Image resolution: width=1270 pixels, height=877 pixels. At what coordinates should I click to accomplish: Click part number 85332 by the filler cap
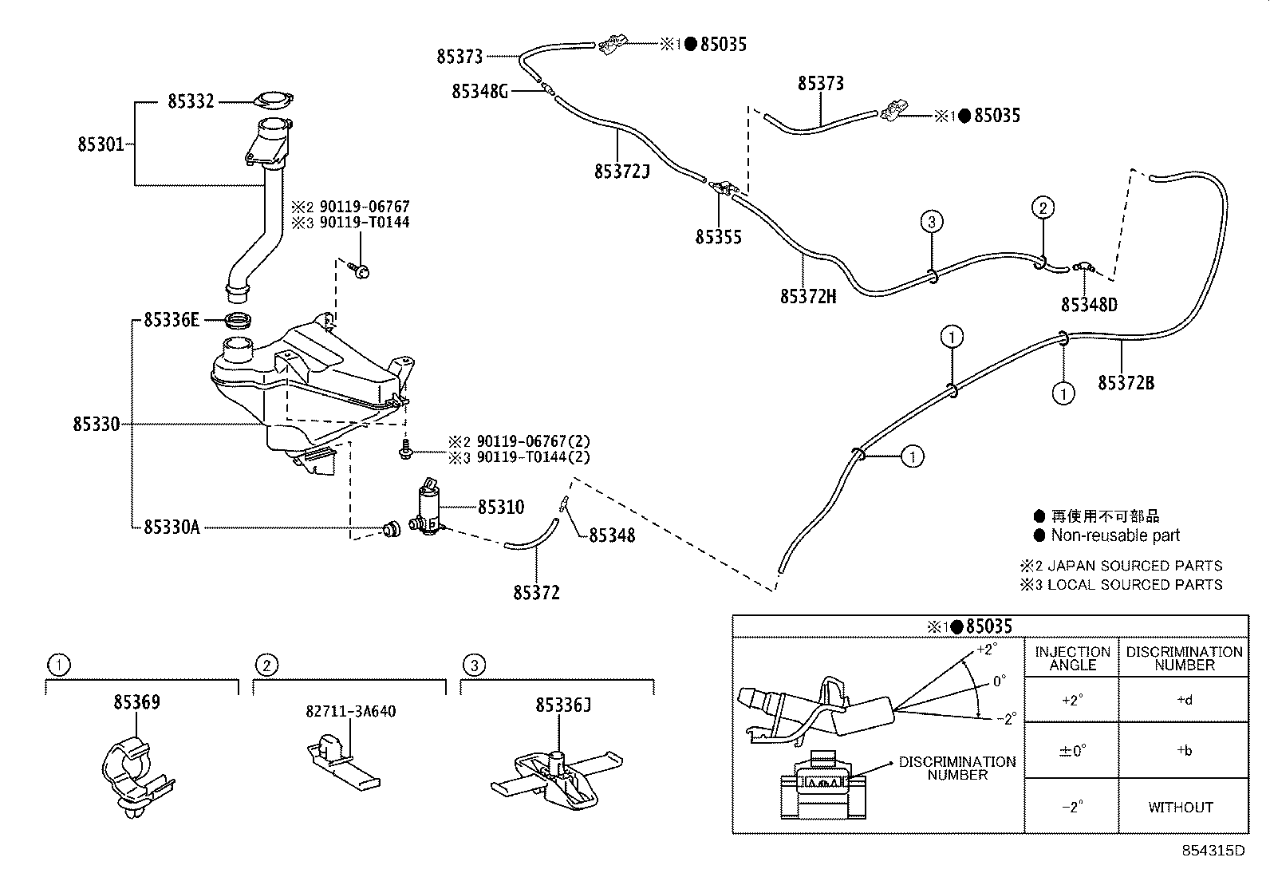(x=191, y=101)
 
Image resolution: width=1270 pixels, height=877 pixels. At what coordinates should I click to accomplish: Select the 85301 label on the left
(x=101, y=144)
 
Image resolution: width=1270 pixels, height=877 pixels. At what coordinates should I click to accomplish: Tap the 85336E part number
(x=171, y=320)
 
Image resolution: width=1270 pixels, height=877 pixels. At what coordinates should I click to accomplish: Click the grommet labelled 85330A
(x=391, y=528)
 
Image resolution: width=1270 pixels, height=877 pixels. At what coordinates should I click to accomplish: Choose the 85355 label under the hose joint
(x=718, y=237)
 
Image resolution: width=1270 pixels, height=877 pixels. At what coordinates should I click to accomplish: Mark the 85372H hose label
(x=808, y=296)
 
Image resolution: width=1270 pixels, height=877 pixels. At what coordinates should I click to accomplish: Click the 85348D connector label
(x=1089, y=305)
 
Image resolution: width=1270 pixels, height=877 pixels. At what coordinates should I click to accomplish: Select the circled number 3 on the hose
(x=931, y=221)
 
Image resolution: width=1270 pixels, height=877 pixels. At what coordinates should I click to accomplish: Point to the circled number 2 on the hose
(x=1042, y=208)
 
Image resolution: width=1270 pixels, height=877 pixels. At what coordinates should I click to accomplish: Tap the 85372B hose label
(x=1126, y=383)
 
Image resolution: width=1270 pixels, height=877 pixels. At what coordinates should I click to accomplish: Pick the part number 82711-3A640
(x=350, y=711)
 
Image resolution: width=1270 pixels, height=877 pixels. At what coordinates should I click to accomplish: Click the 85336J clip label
(x=563, y=705)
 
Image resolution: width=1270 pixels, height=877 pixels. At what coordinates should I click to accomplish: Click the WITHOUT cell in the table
(x=1180, y=808)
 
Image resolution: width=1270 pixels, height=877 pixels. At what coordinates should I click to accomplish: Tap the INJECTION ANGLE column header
(x=1071, y=658)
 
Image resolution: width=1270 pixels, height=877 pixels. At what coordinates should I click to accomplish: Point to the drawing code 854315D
(x=1213, y=851)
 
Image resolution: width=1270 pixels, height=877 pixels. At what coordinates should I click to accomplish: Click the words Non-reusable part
(x=1114, y=535)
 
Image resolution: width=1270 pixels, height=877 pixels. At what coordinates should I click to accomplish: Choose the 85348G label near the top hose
(x=479, y=91)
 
